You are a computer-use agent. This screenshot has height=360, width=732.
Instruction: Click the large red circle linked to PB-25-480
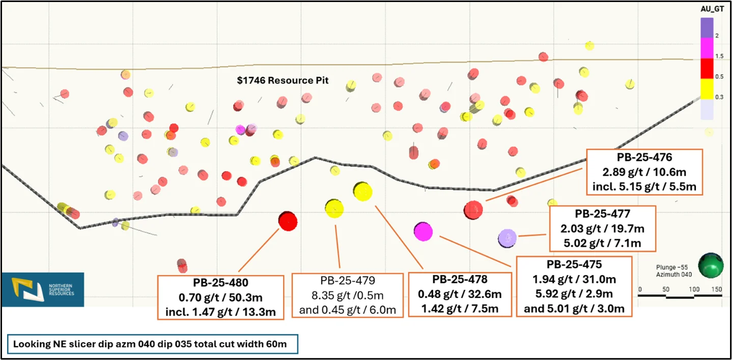[x=288, y=220]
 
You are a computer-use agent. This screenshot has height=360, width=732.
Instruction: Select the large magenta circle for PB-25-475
[x=423, y=232]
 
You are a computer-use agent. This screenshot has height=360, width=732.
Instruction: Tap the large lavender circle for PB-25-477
[x=507, y=237]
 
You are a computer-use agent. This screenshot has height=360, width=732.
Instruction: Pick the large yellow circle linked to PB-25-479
[x=334, y=208]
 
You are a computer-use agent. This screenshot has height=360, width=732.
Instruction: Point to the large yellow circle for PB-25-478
[x=363, y=191]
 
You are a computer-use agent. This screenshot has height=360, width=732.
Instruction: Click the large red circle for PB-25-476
[x=473, y=209]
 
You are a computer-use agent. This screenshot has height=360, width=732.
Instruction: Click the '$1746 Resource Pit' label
[x=283, y=80]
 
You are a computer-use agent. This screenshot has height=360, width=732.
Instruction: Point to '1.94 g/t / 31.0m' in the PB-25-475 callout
[x=574, y=279]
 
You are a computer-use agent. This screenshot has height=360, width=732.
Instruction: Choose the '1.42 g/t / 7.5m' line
[x=460, y=308]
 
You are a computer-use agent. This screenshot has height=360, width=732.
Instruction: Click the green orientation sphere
[x=711, y=266]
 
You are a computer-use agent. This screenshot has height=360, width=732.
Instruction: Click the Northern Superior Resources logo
[x=43, y=289]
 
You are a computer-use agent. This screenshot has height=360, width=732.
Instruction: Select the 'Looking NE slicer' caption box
[x=152, y=344]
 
